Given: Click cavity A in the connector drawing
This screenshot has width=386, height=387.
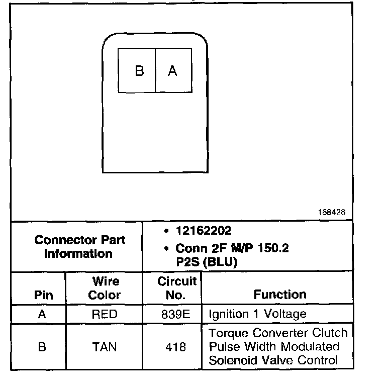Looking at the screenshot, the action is [172, 71].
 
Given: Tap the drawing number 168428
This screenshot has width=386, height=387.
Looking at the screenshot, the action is [331, 213].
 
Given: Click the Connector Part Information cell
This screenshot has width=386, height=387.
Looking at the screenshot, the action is [80, 246].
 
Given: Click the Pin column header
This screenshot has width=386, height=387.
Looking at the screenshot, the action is [43, 295].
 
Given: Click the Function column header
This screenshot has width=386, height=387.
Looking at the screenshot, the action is [279, 295].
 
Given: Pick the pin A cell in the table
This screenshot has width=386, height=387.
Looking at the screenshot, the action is [43, 315].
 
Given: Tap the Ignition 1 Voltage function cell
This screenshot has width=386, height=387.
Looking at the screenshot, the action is [257, 315].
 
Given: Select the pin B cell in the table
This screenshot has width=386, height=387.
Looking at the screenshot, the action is [43, 347].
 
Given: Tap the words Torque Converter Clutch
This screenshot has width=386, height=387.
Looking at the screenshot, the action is [278, 333].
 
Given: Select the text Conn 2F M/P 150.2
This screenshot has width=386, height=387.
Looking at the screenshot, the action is [232, 249].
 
